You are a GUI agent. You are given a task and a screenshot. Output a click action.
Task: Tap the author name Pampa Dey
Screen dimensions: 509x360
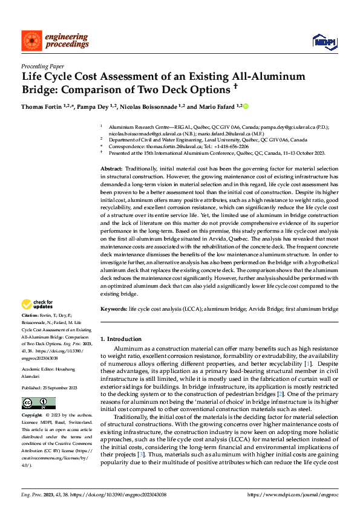93,106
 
